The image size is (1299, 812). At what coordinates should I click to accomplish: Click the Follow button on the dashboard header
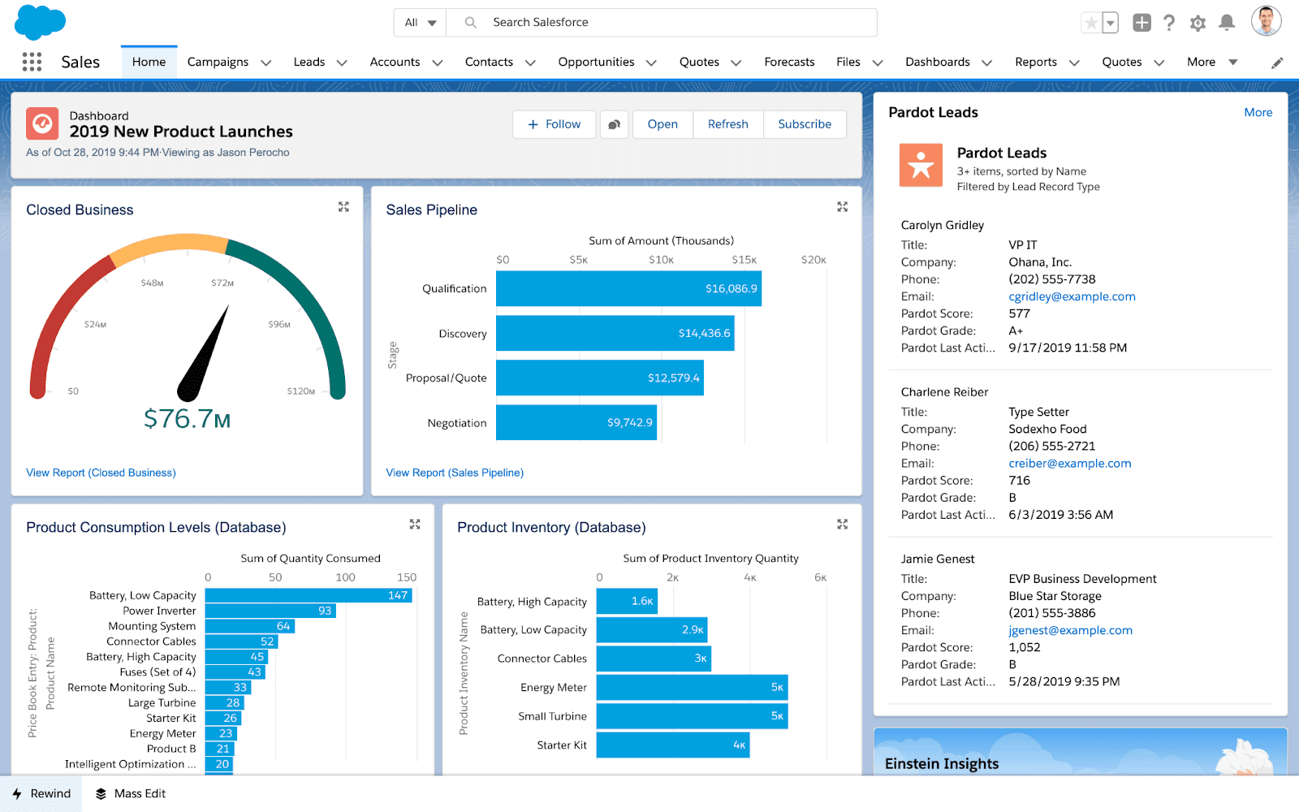[x=555, y=124]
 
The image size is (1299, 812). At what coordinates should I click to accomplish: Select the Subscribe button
[x=804, y=124]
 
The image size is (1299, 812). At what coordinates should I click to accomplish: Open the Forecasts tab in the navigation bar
[x=789, y=62]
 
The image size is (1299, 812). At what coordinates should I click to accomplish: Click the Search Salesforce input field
[x=674, y=23]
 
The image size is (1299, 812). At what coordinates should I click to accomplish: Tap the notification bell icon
[x=1227, y=23]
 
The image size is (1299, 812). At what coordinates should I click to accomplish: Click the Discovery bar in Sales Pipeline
[x=615, y=334]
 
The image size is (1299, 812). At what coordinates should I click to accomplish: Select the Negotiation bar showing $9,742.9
[x=576, y=422]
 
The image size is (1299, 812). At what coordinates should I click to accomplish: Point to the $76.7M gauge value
[x=187, y=419]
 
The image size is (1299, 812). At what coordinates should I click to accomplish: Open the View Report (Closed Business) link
[x=101, y=473]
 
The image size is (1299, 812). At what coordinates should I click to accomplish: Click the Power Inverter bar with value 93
[x=270, y=611]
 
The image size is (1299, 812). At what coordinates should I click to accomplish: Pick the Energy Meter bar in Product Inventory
[x=691, y=688]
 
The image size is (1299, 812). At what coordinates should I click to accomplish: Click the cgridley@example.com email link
[x=1072, y=296]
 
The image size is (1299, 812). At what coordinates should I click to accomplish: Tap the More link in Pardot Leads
[x=1258, y=113]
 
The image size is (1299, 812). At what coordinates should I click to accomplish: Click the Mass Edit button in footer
[x=131, y=793]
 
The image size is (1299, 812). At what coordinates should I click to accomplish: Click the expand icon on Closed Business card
[x=343, y=207]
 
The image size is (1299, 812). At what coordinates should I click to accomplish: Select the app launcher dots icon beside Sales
[x=32, y=62]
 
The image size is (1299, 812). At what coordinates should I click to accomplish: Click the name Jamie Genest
[x=937, y=559]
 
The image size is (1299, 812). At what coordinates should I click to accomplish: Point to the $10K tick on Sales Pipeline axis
[x=661, y=260]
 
